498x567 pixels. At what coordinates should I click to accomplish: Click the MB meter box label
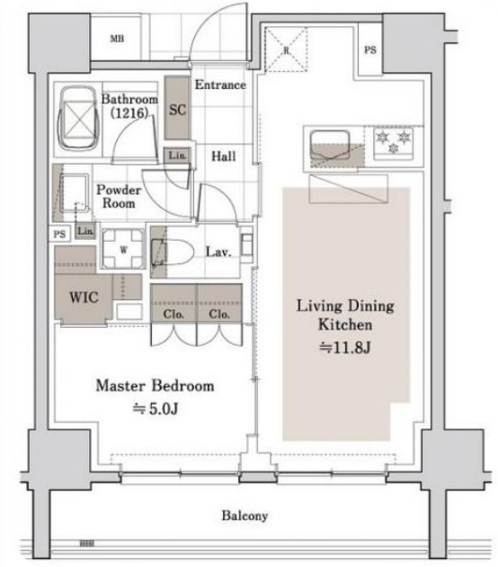117,39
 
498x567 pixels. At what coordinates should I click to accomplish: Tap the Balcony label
245,515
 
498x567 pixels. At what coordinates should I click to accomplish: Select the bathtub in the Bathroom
78,118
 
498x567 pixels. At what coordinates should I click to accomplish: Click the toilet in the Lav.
173,251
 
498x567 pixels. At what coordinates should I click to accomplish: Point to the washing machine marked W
123,249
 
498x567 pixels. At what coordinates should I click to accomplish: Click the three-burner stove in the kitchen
394,143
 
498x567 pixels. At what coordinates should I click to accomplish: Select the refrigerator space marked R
286,49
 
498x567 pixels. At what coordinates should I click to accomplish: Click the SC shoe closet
177,108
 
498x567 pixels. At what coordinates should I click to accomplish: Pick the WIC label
84,297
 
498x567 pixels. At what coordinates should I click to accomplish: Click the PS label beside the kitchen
370,49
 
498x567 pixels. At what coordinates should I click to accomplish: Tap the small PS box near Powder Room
59,234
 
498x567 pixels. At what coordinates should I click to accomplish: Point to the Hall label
224,156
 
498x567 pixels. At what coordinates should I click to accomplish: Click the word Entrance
220,84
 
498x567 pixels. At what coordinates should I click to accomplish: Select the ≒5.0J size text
156,409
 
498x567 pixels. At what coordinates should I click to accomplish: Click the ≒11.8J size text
345,348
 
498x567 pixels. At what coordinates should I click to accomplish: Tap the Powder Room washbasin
74,193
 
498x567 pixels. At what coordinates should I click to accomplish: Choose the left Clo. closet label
173,314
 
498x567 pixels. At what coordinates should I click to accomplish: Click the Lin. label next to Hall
178,155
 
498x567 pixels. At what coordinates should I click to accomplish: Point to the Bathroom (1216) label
129,106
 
